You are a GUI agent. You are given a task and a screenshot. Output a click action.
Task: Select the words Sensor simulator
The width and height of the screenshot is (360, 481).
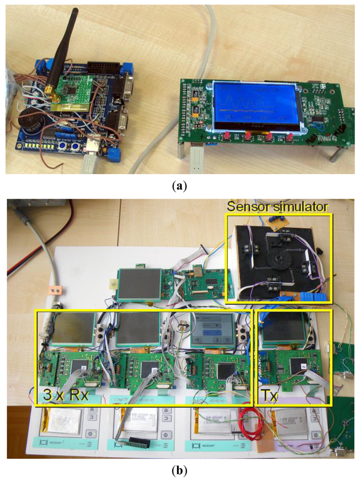click(278, 207)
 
